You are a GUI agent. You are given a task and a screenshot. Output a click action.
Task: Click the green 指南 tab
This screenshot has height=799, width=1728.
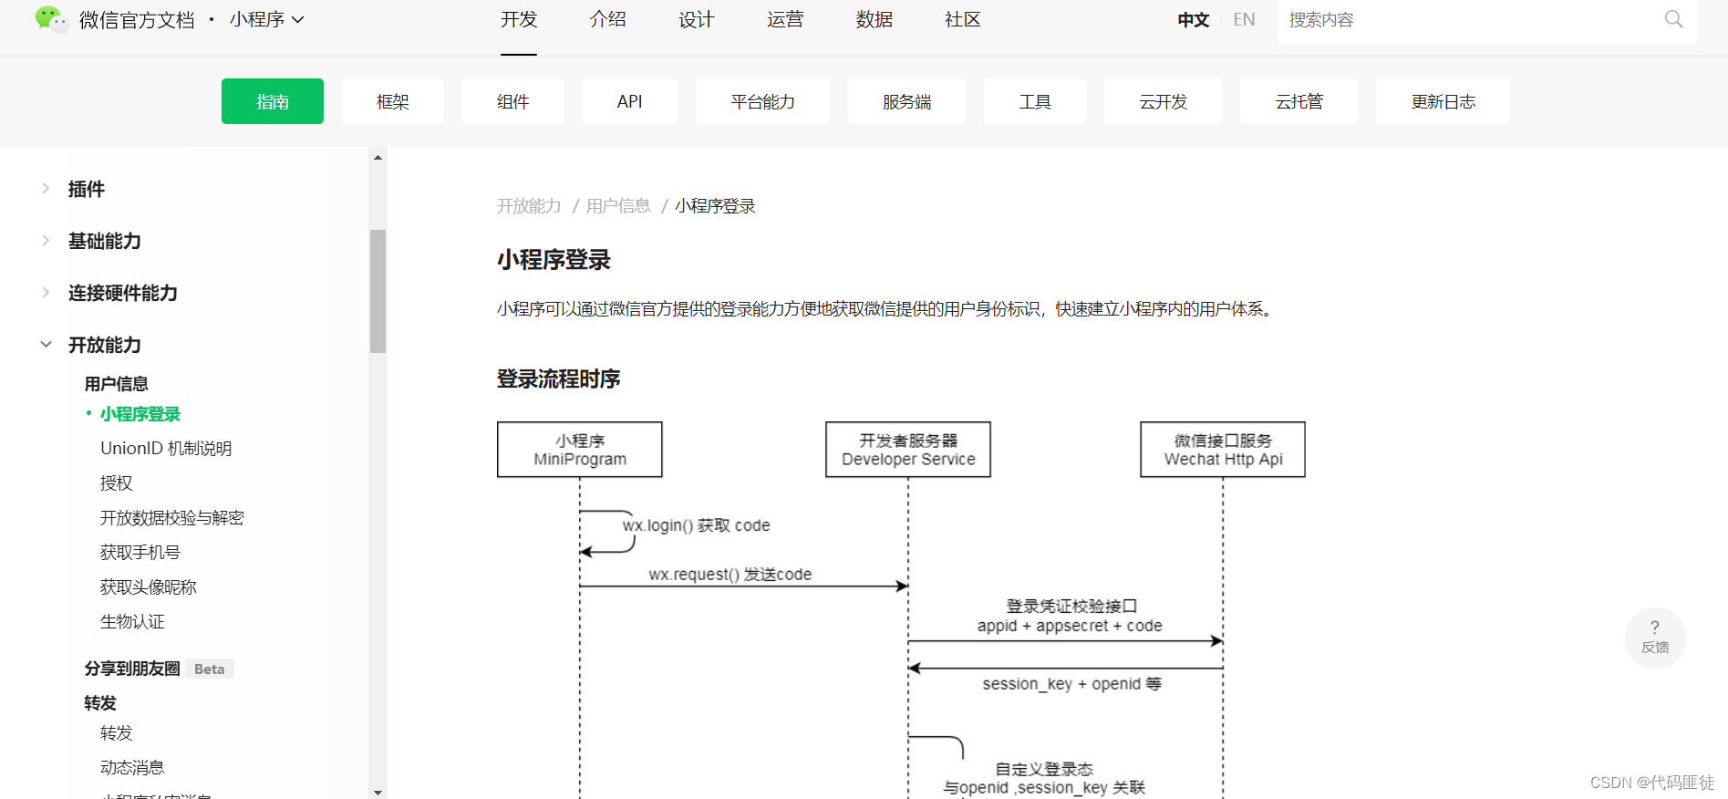coord(272,101)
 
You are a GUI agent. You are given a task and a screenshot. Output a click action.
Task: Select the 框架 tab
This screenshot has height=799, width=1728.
coord(392,101)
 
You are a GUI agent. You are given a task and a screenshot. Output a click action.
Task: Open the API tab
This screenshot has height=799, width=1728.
coord(629,101)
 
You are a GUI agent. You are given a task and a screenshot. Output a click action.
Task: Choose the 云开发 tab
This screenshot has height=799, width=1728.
coord(1163,101)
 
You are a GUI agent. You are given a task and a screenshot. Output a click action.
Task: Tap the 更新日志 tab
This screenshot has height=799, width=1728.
coord(1443,101)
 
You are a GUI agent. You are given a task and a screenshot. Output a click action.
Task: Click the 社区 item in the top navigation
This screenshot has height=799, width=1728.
coord(962,20)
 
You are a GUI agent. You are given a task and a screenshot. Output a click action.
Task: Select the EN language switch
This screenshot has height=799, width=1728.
coord(1244,20)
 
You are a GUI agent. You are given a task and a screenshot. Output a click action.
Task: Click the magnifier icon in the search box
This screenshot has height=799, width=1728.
coord(1673,19)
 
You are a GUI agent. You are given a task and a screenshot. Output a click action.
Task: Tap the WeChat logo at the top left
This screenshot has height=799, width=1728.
coord(50,19)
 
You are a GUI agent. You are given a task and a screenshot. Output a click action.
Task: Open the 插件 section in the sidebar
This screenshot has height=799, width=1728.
coord(87,189)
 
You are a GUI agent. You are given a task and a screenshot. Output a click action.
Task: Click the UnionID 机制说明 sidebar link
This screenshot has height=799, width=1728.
coord(166,449)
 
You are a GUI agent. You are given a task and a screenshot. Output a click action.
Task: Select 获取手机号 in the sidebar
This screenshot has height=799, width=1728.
coord(140,553)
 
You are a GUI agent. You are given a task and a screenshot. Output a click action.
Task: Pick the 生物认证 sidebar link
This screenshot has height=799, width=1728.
coord(132,622)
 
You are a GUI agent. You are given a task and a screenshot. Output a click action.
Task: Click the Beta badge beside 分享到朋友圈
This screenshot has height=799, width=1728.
coord(209,669)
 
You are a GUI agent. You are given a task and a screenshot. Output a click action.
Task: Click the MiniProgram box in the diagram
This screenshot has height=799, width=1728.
coord(580,450)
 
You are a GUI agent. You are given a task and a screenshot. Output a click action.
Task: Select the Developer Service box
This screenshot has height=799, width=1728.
coord(908,450)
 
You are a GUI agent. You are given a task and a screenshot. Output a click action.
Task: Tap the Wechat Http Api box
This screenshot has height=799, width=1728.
coord(1223,450)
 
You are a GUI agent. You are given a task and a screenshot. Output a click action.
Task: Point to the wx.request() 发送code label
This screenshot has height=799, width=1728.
coord(729,575)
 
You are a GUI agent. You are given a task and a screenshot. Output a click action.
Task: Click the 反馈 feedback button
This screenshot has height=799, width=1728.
coord(1655,638)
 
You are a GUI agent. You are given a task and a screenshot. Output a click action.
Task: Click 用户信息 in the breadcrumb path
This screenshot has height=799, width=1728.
coord(618,206)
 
